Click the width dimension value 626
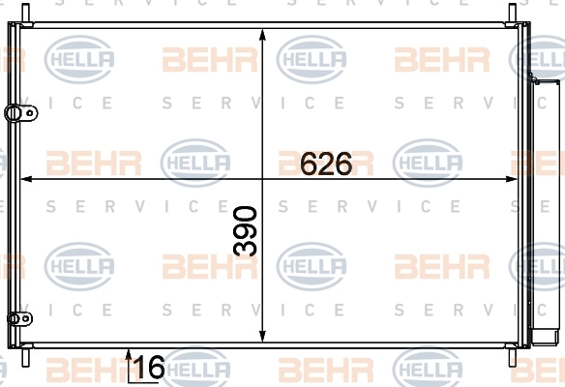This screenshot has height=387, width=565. point(326,164)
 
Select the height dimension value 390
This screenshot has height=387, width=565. point(245,231)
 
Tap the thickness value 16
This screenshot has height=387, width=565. point(149,367)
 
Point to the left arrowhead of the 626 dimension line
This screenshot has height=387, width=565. point(27,179)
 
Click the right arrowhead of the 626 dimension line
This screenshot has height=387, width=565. point(511,179)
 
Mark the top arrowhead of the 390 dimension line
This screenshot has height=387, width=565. point(263,36)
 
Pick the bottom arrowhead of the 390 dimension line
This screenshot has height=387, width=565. point(263,335)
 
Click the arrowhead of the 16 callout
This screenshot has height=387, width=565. point(129,354)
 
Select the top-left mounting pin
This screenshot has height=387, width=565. point(25,14)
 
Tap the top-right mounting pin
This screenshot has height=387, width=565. point(513,14)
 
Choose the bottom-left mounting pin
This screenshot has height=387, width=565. point(25,357)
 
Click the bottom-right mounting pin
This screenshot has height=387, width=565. point(513,357)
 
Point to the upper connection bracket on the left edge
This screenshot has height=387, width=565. point(21,113)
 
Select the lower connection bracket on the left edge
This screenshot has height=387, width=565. point(19,318)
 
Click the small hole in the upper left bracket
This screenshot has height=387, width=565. point(30,113)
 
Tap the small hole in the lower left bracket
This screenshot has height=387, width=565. point(25,318)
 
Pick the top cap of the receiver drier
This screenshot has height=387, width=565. point(547,82)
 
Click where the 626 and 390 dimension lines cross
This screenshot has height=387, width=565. point(263,179)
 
